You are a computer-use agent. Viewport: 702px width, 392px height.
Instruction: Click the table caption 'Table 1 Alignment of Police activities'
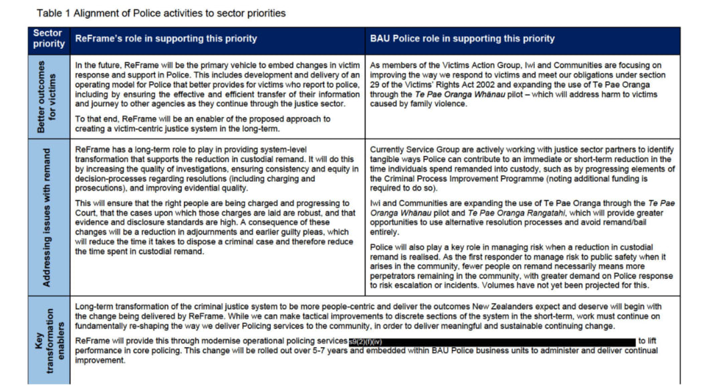pyautogui.click(x=160, y=13)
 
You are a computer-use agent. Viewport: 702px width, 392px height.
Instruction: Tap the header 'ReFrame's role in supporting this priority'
pyautogui.click(x=166, y=39)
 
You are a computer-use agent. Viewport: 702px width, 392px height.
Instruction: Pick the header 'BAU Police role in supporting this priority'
pyautogui.click(x=462, y=39)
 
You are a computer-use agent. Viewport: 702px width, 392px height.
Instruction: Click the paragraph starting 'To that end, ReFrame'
pyautogui.click(x=203, y=124)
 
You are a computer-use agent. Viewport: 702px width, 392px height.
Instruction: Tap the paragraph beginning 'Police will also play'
pyautogui.click(x=521, y=266)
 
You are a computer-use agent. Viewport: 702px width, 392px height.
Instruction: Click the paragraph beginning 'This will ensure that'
pyautogui.click(x=213, y=227)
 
